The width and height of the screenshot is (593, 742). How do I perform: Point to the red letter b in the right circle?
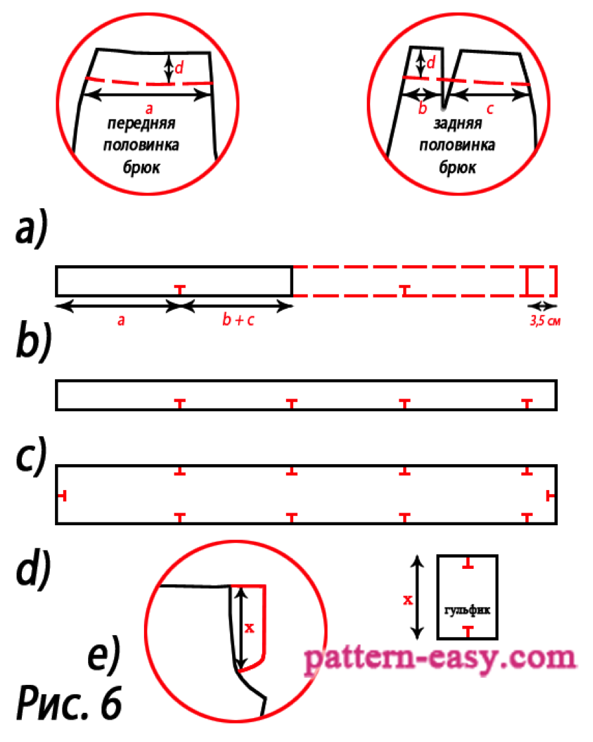coord(423,108)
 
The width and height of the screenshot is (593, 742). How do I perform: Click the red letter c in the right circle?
coord(490,109)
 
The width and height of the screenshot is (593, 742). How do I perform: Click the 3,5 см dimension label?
coord(541,320)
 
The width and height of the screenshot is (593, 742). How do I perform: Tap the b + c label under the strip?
coord(237,320)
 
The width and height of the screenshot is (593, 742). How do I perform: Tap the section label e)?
coord(105,654)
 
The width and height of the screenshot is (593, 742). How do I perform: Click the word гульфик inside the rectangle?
coord(468,609)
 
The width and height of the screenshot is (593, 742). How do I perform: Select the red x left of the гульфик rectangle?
coord(409,599)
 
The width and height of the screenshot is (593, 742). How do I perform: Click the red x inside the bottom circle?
coord(250,627)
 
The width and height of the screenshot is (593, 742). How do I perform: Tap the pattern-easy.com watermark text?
coord(440,660)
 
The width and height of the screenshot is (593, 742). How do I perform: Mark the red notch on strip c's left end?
coord(62,495)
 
